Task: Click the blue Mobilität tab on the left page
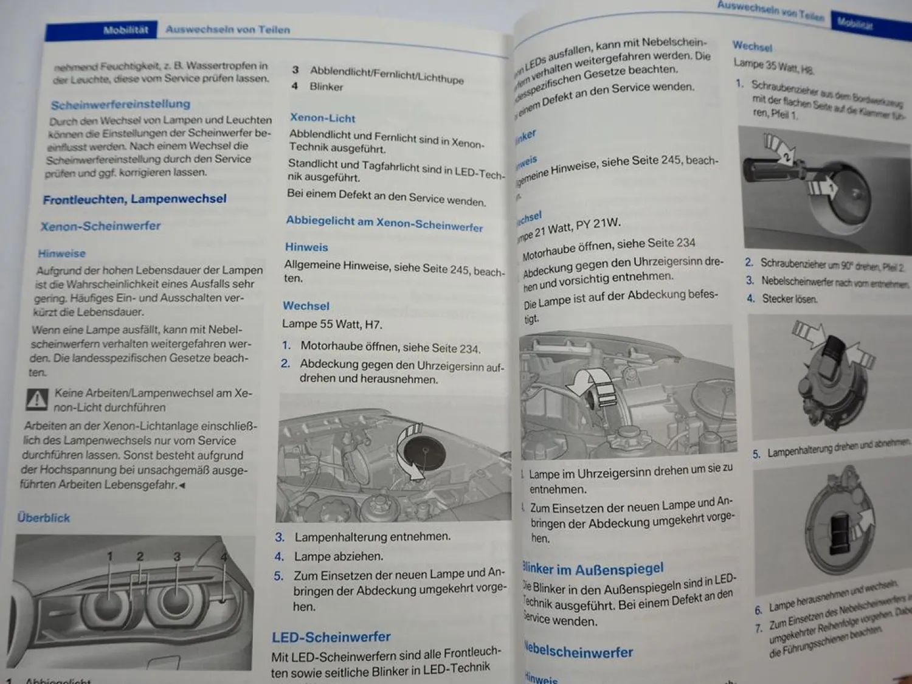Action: (125, 30)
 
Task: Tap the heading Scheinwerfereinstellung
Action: (120, 105)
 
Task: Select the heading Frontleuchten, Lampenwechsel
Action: (134, 199)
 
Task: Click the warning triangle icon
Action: (37, 399)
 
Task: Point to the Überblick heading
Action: (44, 518)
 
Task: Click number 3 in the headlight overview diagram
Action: (177, 556)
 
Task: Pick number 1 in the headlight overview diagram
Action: (110, 556)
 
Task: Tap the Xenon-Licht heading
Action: (322, 118)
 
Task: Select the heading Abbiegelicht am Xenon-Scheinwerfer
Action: (384, 223)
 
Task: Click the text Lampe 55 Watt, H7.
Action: (332, 325)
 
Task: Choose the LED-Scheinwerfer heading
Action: (331, 637)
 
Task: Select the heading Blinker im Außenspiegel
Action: (593, 570)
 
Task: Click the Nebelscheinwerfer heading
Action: (579, 652)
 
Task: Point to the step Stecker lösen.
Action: (789, 299)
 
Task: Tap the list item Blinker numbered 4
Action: (326, 87)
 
